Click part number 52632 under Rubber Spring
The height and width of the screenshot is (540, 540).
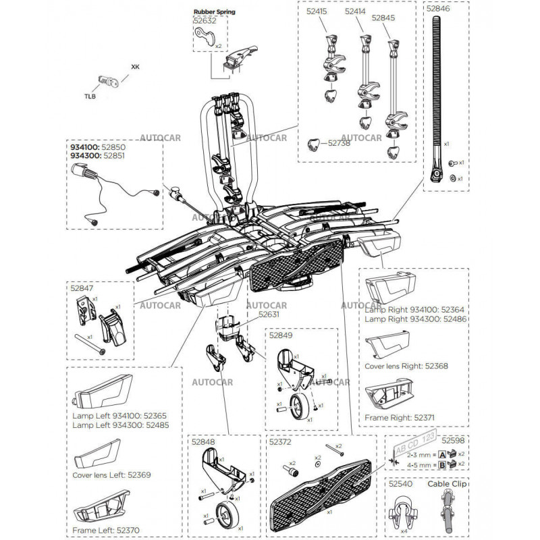click(205, 21)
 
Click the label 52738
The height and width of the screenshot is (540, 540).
click(340, 143)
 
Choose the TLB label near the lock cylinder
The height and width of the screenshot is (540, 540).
click(90, 97)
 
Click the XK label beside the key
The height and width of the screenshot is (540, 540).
click(135, 67)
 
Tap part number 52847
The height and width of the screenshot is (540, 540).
click(82, 288)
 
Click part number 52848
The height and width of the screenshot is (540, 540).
click(203, 442)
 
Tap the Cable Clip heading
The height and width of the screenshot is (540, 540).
click(448, 484)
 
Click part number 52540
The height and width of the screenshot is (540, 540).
click(400, 484)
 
